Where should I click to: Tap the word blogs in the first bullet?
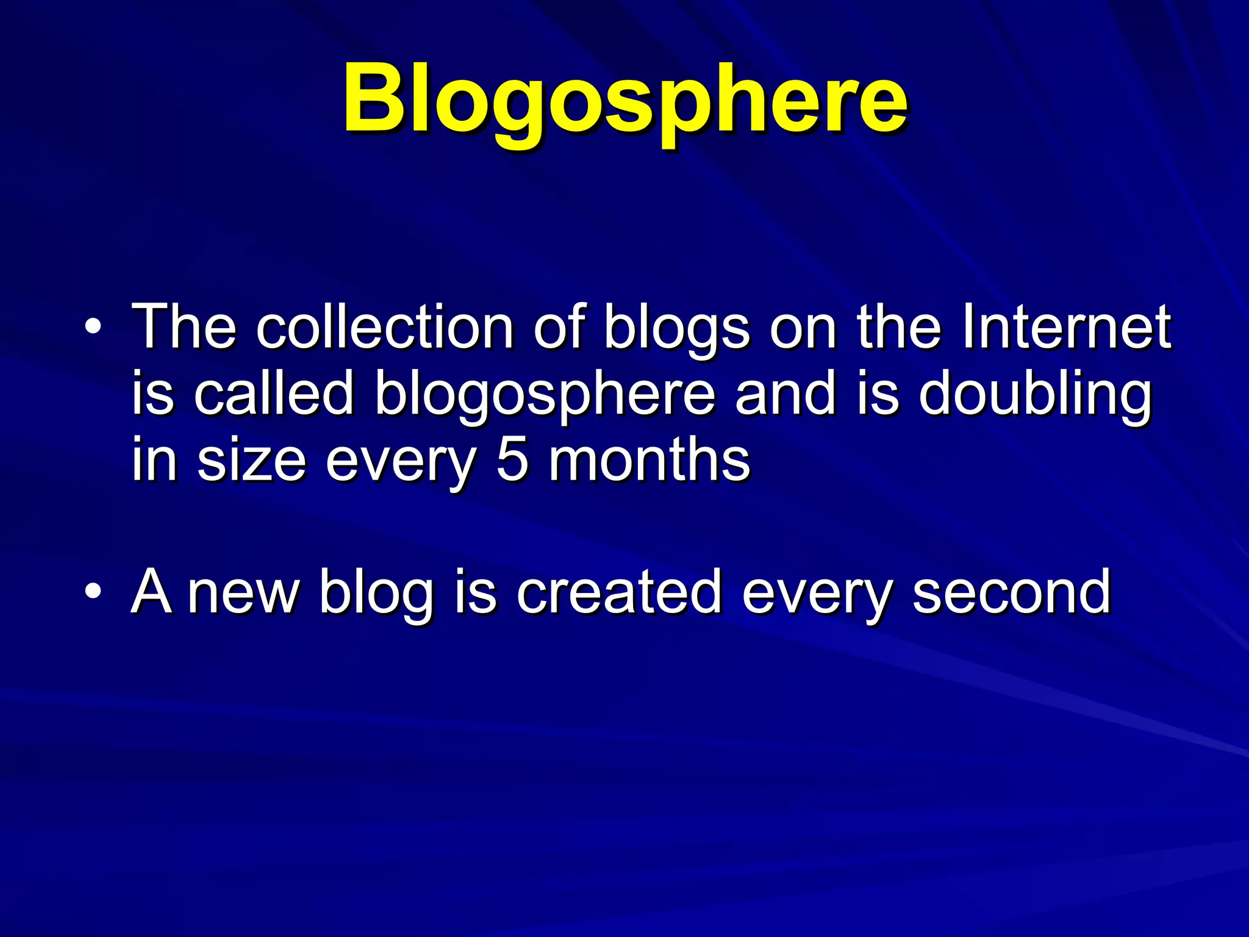[x=676, y=329]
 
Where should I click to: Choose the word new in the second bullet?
[x=243, y=592]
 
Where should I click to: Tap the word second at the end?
[x=1012, y=591]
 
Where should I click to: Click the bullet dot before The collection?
[x=93, y=329]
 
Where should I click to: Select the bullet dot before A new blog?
[x=93, y=591]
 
